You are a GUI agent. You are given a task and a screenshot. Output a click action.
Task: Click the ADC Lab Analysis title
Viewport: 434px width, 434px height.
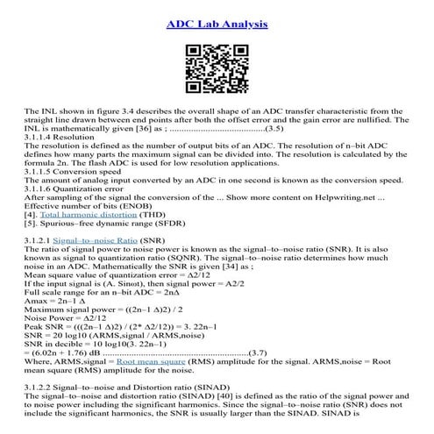pyautogui.click(x=217, y=23)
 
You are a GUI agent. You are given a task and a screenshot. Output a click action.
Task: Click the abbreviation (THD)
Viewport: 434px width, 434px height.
pyautogui.click(x=170, y=213)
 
